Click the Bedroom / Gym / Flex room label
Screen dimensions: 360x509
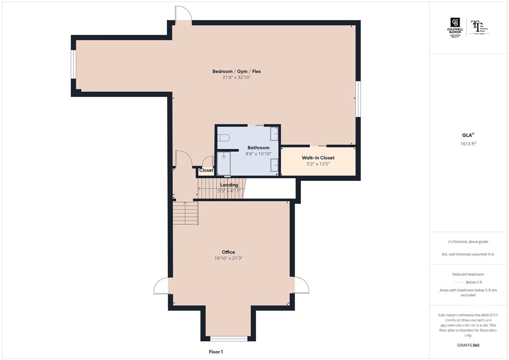pyautogui.click(x=237, y=72)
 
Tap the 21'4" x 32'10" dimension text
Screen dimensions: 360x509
pyautogui.click(x=237, y=78)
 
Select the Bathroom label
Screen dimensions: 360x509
pyautogui.click(x=258, y=148)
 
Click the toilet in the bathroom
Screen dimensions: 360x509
pyautogui.click(x=223, y=138)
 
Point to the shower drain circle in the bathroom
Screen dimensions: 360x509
pyautogui.click(x=224, y=157)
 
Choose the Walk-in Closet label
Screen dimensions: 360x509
pyautogui.click(x=318, y=158)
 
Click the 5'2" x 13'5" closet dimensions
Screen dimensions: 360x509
pyautogui.click(x=318, y=164)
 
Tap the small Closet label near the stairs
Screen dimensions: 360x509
pyautogui.click(x=206, y=171)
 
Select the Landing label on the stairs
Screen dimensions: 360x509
pyautogui.click(x=229, y=185)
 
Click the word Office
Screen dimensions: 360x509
pyautogui.click(x=228, y=252)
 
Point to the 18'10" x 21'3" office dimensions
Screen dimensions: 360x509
pyautogui.click(x=228, y=259)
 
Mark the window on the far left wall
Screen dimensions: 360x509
pyautogui.click(x=73, y=64)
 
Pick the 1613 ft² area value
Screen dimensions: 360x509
pyautogui.click(x=469, y=144)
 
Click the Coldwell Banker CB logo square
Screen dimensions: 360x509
pyautogui.click(x=455, y=23)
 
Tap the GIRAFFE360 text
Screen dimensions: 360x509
pyautogui.click(x=468, y=346)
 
